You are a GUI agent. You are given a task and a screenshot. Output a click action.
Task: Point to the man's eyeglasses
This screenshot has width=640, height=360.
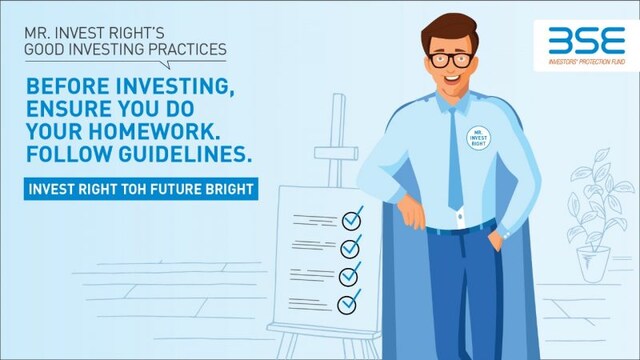pos(450,58)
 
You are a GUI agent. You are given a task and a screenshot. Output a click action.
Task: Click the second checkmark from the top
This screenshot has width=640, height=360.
pos(351,246)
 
